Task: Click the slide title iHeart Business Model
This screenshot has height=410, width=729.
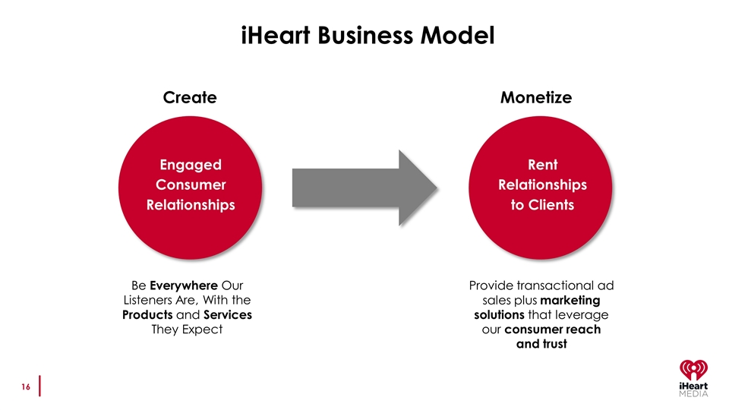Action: point(368,36)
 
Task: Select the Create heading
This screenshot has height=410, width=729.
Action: point(190,98)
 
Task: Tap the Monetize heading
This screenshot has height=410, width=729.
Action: point(536,98)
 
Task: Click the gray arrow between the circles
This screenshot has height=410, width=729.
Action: point(365,188)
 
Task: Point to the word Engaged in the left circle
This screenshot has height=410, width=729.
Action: point(191,166)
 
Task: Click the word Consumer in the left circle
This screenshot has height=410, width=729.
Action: point(191,185)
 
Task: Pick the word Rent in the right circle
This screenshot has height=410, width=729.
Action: point(542,165)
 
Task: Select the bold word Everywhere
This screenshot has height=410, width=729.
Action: point(184,285)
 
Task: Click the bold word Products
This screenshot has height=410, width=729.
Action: point(147,314)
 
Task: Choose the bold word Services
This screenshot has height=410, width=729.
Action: point(228,314)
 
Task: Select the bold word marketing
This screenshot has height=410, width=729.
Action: point(570,301)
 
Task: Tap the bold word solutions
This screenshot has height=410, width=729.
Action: point(500,314)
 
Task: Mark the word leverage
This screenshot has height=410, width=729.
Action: point(582,315)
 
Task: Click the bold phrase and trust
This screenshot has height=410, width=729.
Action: point(541,344)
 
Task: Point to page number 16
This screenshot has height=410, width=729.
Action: point(26,386)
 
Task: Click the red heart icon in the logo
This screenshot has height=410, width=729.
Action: point(693,370)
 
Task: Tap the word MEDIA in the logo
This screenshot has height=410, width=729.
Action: point(693,394)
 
